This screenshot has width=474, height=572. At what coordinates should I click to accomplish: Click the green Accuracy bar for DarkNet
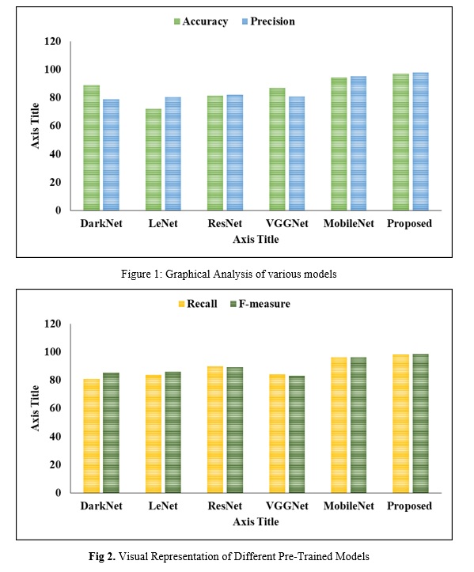pos(91,148)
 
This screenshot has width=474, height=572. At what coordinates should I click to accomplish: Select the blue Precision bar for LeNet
pos(173,153)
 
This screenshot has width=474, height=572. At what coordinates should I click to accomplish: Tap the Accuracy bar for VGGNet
pos(277,150)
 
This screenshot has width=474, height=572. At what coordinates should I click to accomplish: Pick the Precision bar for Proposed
pos(421,142)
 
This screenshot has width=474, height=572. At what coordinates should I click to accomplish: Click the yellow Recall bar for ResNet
pos(215,430)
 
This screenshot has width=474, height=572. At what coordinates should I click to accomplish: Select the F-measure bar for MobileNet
pos(358,425)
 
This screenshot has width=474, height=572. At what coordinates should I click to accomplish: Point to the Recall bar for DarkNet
pos(91,436)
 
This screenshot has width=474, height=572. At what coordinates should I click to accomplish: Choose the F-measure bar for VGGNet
pos(297,434)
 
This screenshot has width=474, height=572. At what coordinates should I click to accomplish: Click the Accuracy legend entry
pos(201,21)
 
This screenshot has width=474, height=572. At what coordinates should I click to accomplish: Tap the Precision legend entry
pos(268,21)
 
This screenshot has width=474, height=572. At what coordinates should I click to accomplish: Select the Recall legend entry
pos(197,304)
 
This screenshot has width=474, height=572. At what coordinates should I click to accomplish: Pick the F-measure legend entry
pos(260,304)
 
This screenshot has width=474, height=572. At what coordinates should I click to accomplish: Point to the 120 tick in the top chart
pos(52,42)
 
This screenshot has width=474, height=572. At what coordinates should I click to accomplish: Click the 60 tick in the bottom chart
pos(55,408)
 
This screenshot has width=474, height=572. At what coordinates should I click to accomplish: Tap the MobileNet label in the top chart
pos(349,223)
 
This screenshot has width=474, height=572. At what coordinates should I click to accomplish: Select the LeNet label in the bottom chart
pos(163,506)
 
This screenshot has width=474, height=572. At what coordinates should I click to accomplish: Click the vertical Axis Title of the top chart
pos(35,126)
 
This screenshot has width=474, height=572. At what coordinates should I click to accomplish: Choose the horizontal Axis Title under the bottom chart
pos(256,521)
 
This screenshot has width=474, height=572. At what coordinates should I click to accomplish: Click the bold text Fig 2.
pos(102,556)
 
